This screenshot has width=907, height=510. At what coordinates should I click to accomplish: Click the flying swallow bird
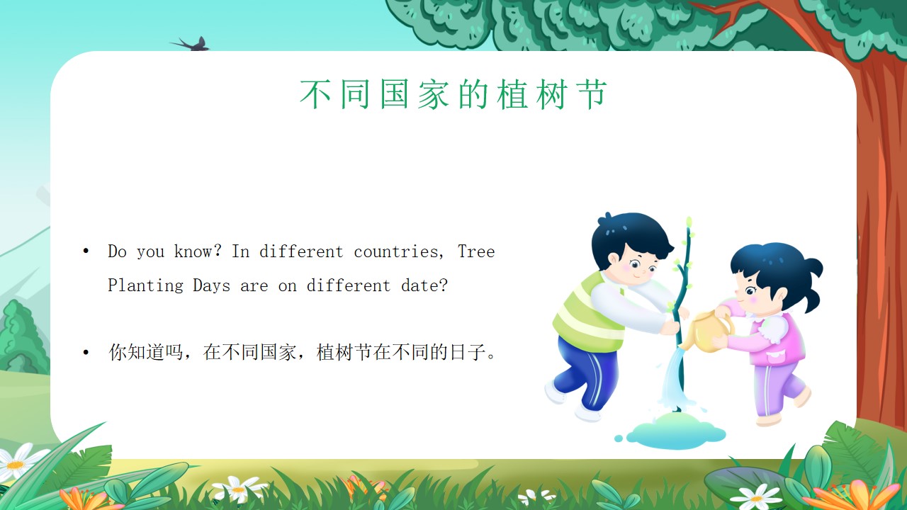coord(191,44)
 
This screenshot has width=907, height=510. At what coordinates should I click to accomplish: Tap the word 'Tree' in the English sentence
coord(476,251)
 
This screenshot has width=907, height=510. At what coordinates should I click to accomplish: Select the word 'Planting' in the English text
coord(146,285)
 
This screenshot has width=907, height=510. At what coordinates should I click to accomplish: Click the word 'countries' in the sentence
coord(396,251)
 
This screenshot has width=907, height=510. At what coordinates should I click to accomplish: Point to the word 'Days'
coord(212,285)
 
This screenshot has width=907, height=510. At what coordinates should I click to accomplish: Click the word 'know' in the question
coord(193,251)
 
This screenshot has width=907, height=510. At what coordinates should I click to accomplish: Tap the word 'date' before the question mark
coord(420,285)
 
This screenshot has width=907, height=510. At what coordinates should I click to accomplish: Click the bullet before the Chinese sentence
coord(86,353)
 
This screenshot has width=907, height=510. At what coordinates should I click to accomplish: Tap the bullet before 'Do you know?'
coord(86,251)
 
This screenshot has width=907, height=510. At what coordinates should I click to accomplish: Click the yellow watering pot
coord(708,331)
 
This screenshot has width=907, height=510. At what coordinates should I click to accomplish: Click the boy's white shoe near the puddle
coord(587,413)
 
